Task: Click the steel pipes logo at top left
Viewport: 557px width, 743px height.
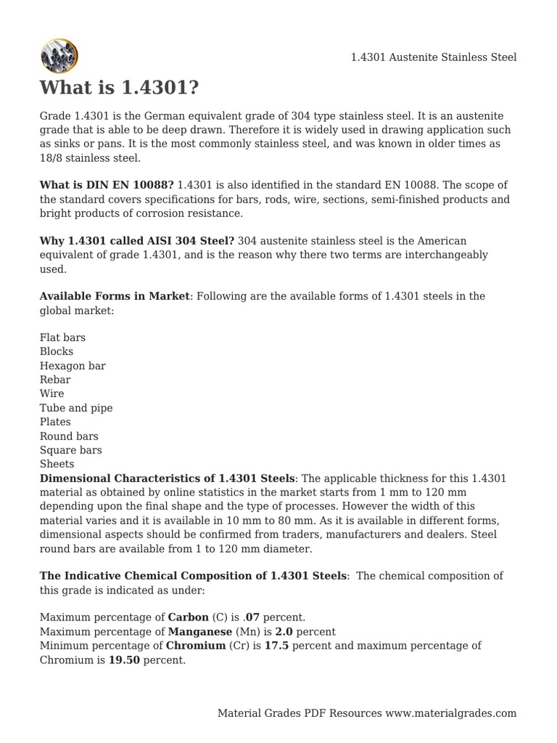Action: pyautogui.click(x=59, y=55)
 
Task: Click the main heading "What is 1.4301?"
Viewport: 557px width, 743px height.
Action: pyautogui.click(x=119, y=88)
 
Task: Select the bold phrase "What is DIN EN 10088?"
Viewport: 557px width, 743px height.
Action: pyautogui.click(x=107, y=186)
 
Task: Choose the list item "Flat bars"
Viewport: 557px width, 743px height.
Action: pyautogui.click(x=62, y=338)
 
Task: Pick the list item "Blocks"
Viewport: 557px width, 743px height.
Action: pyautogui.click(x=57, y=352)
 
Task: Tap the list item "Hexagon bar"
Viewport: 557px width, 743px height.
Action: pyautogui.click(x=73, y=366)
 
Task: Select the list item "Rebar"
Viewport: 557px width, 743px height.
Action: pyautogui.click(x=55, y=380)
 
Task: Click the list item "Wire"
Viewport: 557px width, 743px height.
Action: pyautogui.click(x=52, y=394)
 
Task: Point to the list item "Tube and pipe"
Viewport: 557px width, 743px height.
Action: pyautogui.click(x=76, y=409)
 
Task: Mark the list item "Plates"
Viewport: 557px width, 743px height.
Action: pyautogui.click(x=55, y=422)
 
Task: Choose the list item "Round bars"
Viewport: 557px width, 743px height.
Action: pyautogui.click(x=69, y=437)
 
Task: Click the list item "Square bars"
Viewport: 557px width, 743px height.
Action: pyautogui.click(x=70, y=451)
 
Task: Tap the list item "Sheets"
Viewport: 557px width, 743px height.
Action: pyautogui.click(x=57, y=464)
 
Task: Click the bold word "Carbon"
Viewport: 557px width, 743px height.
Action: pyautogui.click(x=188, y=617)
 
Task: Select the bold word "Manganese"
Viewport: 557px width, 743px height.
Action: pyautogui.click(x=199, y=632)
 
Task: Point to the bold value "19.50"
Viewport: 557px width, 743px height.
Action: pyautogui.click(x=124, y=660)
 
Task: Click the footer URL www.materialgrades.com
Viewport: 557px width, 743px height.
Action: pyautogui.click(x=451, y=713)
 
